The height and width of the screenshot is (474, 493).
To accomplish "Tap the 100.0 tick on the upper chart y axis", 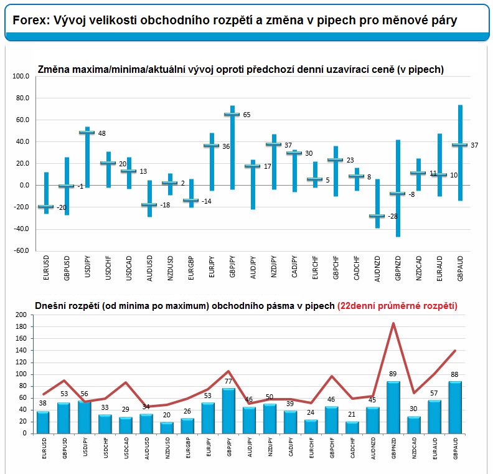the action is pos(21,76).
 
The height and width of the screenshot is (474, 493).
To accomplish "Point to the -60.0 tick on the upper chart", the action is pos(21,250).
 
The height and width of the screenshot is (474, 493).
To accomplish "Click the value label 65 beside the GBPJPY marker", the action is pos(247,115).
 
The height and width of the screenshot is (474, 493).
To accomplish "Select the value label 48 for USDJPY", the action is pos(102,133).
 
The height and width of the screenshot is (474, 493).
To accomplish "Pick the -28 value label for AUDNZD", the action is pos(393,216).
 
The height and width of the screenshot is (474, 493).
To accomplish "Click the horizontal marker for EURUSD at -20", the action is pos(46,206).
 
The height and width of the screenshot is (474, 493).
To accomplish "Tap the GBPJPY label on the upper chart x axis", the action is pos(232,267).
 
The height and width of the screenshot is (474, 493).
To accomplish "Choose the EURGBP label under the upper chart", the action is pos(191,268).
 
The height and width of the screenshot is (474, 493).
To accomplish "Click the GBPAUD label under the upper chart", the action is pos(460,268).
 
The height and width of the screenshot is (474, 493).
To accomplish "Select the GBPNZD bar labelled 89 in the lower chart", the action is pos(393,407).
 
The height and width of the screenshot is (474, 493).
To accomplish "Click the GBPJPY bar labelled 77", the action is pos(228,411).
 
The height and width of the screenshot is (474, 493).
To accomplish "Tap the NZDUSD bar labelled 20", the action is pos(167,428).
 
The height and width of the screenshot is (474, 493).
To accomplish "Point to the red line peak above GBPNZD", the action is pos(393,323).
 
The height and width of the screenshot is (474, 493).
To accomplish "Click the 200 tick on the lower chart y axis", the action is pos(21,315).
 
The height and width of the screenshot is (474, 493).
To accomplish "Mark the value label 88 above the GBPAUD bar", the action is pos(454,374).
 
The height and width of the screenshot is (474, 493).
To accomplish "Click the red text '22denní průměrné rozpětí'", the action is pos(397,306).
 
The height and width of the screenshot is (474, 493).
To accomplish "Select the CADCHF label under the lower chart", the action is pos(353,448).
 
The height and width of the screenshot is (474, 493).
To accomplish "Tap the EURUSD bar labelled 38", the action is pos(43,422).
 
